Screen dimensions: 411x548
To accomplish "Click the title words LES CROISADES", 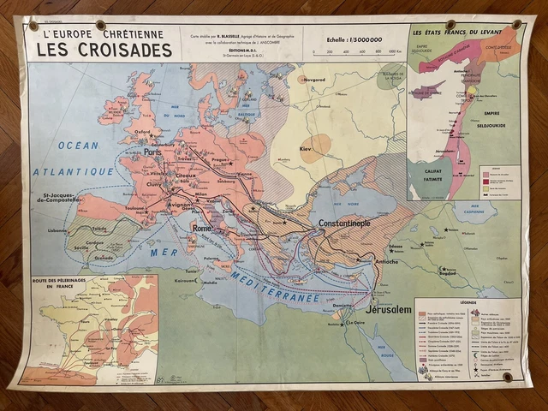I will pyautogui.click(x=105, y=49).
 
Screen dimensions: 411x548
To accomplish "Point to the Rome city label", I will pyautogui.click(x=203, y=229).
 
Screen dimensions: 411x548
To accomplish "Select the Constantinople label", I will pyautogui.click(x=332, y=223).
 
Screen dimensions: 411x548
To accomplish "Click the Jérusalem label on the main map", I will pyautogui.click(x=389, y=309).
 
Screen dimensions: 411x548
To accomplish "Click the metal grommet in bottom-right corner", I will pyautogui.click(x=508, y=376).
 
